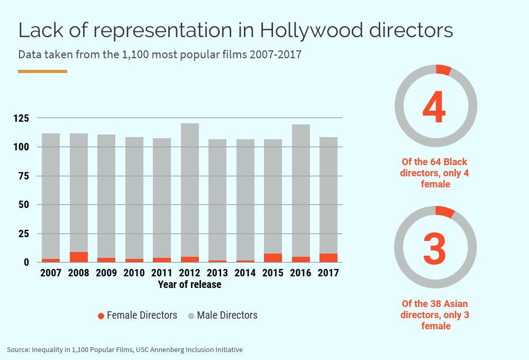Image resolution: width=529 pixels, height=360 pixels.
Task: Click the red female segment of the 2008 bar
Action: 79,257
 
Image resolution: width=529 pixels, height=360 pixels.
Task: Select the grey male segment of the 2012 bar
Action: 190,190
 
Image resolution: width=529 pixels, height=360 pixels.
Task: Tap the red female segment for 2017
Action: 329,258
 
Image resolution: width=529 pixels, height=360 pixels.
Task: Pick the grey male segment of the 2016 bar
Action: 301,191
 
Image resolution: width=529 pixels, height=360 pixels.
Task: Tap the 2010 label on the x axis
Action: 134,273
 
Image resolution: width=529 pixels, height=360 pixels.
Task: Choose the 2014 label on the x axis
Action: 245,273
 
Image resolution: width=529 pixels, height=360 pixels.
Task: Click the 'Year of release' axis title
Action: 189,285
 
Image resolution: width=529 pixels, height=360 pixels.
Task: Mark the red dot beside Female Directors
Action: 101,316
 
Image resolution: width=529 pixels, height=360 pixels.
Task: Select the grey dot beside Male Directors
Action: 191,316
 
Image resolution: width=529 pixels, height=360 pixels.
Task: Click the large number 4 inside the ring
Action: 434,107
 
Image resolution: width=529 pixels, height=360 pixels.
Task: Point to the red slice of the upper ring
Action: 443,70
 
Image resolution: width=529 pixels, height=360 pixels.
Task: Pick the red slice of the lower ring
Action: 445,211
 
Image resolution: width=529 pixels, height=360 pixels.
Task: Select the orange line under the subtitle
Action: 42,71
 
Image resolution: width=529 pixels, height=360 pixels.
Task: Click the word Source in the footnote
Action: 17,349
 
